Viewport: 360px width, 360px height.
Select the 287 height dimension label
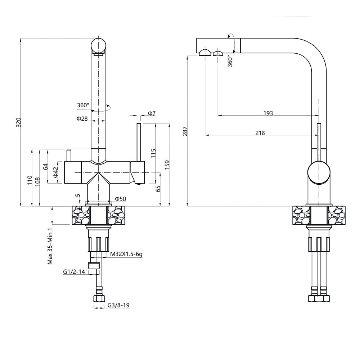[185, 131]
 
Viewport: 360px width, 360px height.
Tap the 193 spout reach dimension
[268, 113]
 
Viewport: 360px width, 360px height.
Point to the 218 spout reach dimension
[260, 133]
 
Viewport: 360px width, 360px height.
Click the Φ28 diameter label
[82, 118]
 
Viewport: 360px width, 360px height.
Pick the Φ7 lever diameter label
[152, 114]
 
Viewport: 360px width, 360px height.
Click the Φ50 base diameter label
[120, 199]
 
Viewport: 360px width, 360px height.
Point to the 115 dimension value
[153, 153]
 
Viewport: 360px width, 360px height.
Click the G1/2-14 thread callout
[74, 272]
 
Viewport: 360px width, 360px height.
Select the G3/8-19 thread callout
[118, 305]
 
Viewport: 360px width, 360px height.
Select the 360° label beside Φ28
[83, 105]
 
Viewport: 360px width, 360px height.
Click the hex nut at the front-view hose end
[99, 298]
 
